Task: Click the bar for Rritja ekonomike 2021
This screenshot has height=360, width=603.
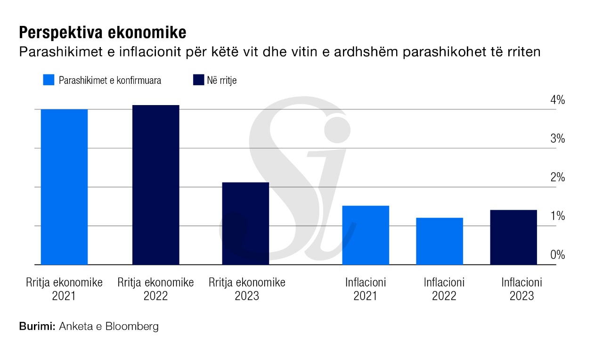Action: point(64,187)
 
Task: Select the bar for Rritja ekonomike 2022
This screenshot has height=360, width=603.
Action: point(155,185)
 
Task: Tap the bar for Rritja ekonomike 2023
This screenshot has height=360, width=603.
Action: point(245,223)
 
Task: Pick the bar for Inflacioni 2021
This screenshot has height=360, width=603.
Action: point(366,235)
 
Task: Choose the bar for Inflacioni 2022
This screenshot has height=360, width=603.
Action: point(440,241)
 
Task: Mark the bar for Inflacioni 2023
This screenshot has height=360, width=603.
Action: point(513,237)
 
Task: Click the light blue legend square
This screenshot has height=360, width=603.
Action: point(49,80)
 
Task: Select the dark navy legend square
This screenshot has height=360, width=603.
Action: point(198,80)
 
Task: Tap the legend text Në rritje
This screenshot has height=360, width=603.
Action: point(221,81)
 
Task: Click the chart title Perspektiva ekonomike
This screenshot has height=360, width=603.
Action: point(103,33)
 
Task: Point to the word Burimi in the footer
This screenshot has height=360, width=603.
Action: point(38,326)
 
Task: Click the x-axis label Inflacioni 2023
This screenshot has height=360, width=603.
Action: point(522,289)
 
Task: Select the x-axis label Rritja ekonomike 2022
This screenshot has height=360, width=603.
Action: point(155,289)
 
